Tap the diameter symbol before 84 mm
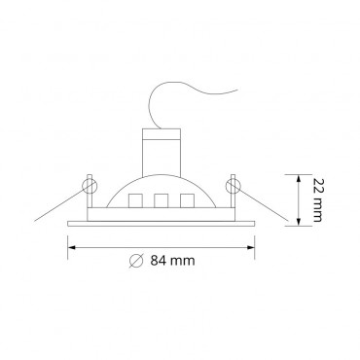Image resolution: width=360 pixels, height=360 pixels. [x=137, y=260]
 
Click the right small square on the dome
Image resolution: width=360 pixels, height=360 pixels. [x=183, y=202]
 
